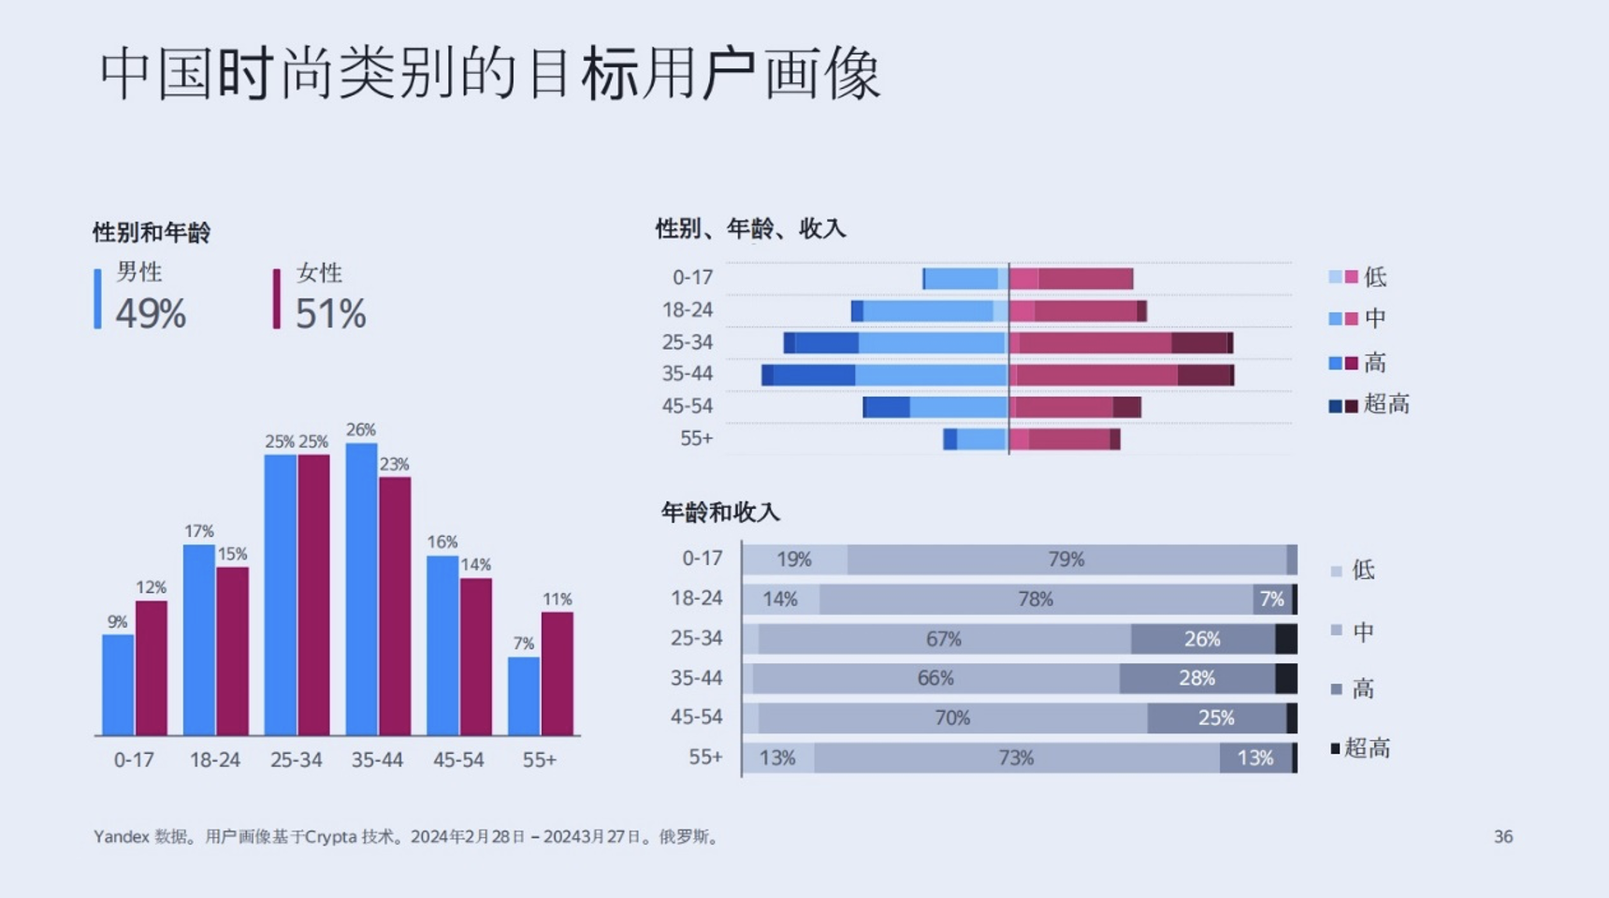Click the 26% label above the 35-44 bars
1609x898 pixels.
click(x=361, y=429)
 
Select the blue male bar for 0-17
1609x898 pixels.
click(x=118, y=685)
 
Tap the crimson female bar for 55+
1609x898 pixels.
click(x=558, y=673)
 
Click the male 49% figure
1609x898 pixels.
click(x=151, y=313)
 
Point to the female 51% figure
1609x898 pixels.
click(x=330, y=313)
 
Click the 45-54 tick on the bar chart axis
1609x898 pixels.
click(x=458, y=760)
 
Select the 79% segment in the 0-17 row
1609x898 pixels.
click(x=1065, y=559)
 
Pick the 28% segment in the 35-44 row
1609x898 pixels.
click(x=1196, y=678)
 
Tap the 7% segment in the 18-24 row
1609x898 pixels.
click(x=1272, y=599)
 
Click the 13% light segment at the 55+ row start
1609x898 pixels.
click(x=777, y=758)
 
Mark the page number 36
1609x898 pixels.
click(x=1502, y=836)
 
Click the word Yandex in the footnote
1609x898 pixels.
click(x=121, y=836)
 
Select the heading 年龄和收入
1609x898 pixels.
click(x=719, y=512)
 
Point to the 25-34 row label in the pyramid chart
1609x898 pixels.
click(x=688, y=342)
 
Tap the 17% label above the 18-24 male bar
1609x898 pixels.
click(x=199, y=531)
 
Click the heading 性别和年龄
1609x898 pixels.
click(x=152, y=232)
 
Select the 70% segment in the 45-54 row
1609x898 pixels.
click(x=952, y=717)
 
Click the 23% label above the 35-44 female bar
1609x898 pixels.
click(x=395, y=464)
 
